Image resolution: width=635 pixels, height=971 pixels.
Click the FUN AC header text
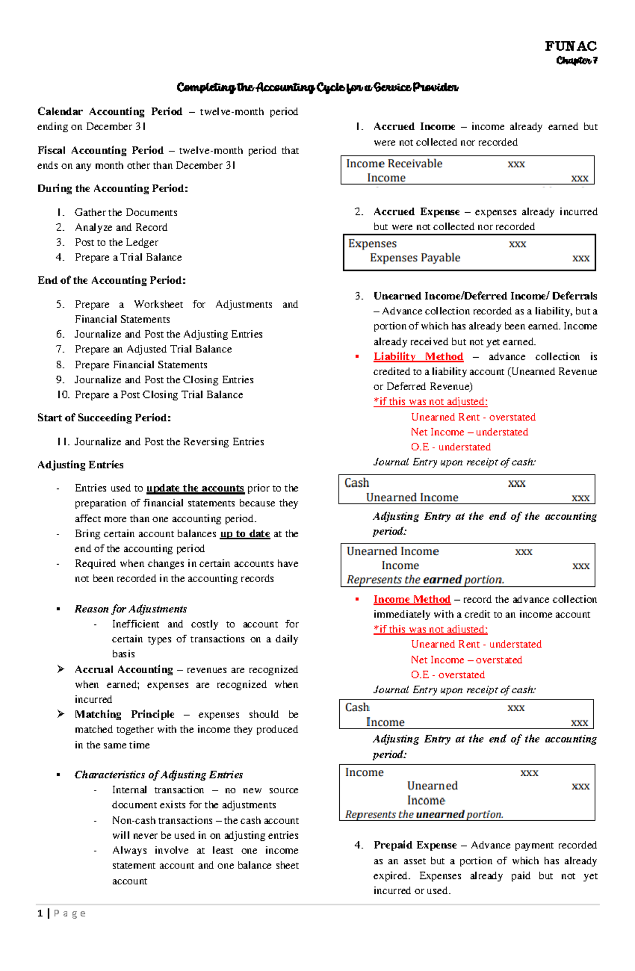(570, 47)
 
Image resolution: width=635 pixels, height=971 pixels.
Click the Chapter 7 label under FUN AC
(576, 61)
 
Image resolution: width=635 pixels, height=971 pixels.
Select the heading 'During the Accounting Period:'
(113, 189)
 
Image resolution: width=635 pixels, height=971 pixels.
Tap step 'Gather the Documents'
(126, 213)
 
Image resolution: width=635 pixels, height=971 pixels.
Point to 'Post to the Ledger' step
(116, 242)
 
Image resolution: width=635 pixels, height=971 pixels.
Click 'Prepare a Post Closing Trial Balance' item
(159, 395)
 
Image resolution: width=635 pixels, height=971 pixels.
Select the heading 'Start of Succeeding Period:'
(104, 418)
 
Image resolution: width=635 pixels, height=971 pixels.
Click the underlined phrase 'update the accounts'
(195, 488)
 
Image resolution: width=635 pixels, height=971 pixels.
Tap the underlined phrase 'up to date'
(245, 534)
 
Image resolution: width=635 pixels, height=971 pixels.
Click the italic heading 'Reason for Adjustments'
(131, 609)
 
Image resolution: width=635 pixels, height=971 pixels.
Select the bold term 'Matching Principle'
(124, 714)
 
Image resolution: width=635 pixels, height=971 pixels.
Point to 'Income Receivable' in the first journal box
(394, 164)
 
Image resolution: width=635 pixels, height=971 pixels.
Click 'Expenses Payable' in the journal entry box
(415, 258)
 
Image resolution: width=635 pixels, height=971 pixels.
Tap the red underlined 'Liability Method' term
(418, 357)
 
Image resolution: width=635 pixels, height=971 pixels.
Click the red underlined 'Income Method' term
(412, 600)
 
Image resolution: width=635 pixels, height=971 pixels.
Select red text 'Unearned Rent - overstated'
(473, 418)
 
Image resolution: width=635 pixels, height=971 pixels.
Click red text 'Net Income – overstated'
(466, 660)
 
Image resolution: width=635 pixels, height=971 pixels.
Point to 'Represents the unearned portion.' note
(424, 814)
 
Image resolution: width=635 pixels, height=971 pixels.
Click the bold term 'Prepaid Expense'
(415, 845)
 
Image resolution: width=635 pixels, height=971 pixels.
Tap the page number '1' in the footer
(40, 913)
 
